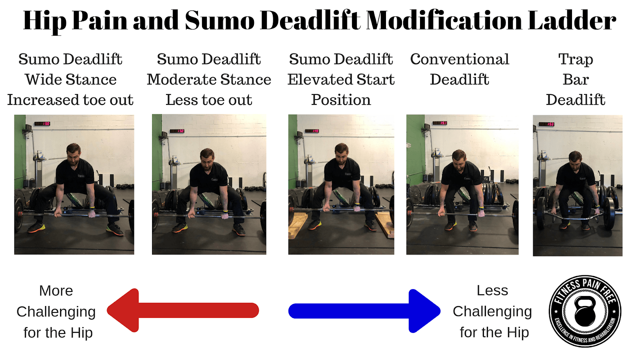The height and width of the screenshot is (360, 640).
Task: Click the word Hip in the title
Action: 45,21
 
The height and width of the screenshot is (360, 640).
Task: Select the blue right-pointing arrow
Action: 364,311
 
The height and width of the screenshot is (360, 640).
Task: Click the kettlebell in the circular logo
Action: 585,312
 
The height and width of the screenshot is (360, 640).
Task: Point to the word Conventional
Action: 460,59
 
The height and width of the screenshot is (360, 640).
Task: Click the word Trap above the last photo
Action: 576,60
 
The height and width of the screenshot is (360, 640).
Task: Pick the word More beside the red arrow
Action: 56,291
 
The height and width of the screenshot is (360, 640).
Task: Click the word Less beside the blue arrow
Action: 492,290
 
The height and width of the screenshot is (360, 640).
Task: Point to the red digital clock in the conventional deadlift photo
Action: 440,123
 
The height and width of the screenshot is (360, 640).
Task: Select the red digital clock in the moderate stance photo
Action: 177,131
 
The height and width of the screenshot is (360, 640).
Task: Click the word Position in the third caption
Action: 341,100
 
